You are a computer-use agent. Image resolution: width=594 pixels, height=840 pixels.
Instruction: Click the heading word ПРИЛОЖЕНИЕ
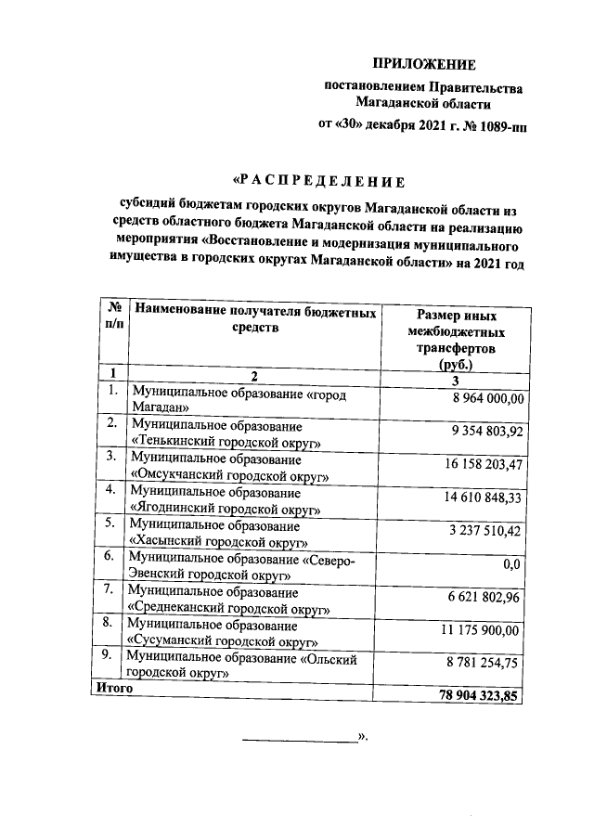click(x=423, y=64)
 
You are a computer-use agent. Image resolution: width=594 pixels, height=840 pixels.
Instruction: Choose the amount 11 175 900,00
click(x=484, y=630)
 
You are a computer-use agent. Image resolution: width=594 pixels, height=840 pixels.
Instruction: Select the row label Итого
click(x=110, y=690)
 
